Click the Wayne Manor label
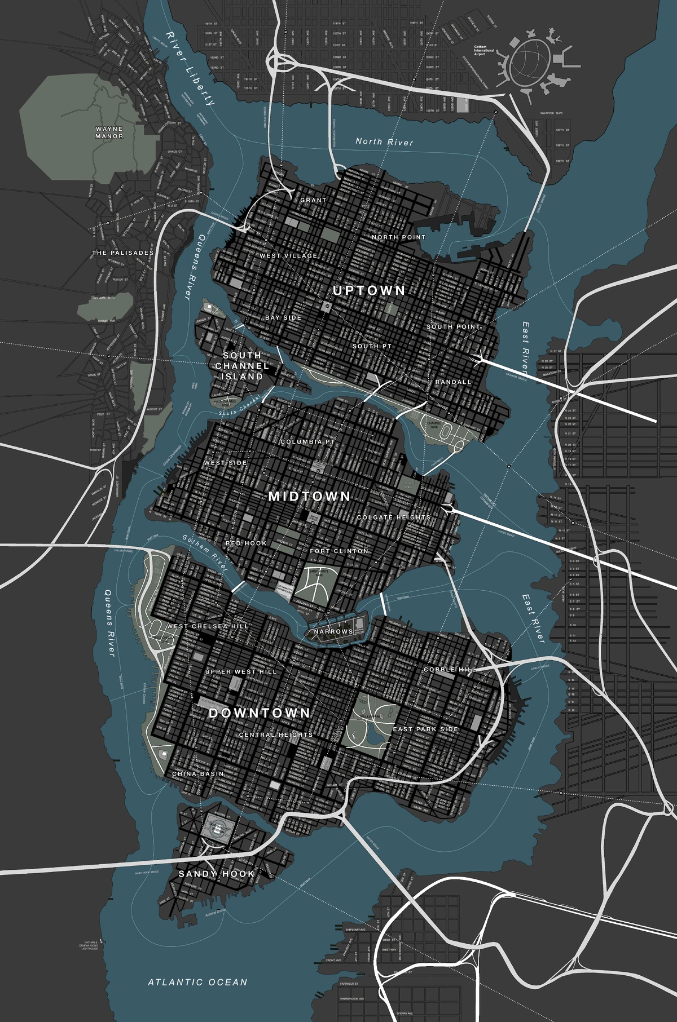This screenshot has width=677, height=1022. click(109, 132)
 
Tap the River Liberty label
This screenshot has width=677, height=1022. click(190, 69)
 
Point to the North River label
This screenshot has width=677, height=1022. click(384, 142)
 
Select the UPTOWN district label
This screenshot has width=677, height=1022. click(369, 291)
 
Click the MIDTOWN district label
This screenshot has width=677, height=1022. click(309, 497)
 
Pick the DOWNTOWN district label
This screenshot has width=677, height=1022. click(260, 713)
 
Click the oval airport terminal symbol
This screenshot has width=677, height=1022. click(530, 60)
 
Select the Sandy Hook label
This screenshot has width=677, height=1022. click(216, 874)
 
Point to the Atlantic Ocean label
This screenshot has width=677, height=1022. click(197, 983)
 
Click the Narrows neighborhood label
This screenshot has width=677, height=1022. click(333, 631)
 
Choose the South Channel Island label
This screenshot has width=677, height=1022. click(242, 365)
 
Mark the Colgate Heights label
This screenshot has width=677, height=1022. click(393, 517)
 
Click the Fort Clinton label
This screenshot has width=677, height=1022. click(339, 551)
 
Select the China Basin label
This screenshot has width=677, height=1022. click(198, 774)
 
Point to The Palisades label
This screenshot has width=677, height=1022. click(123, 253)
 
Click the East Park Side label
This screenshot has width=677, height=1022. click(425, 729)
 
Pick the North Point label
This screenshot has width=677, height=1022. click(398, 237)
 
